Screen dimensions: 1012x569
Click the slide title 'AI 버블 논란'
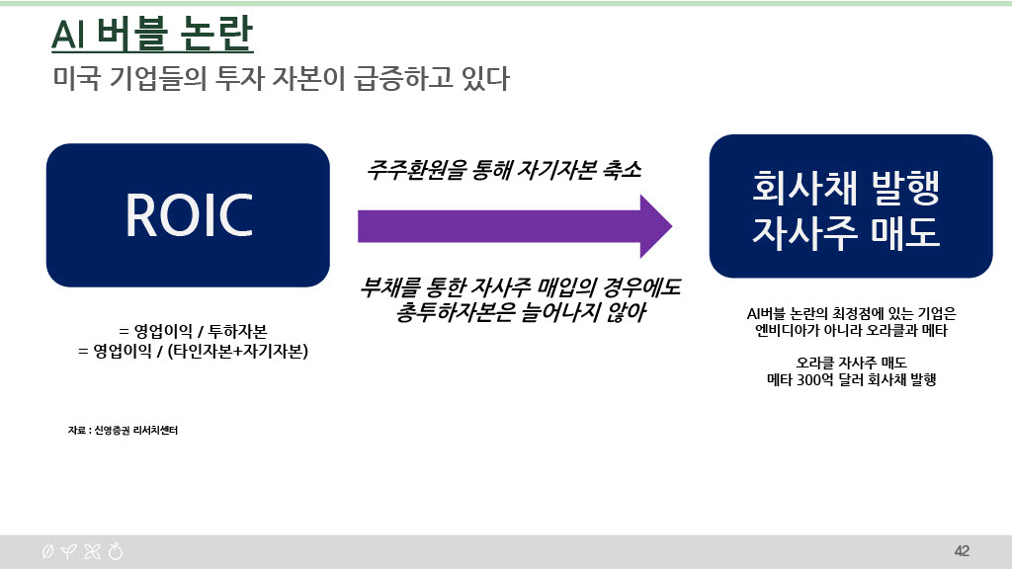[152, 35]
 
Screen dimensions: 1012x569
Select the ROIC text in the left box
[189, 214]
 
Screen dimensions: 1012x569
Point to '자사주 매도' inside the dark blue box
[846, 231]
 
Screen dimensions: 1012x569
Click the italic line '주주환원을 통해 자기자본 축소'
[504, 170]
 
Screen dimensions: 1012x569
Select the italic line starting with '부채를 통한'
[520, 287]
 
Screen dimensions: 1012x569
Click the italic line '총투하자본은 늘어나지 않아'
[520, 312]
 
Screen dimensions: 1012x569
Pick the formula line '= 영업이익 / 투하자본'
[193, 331]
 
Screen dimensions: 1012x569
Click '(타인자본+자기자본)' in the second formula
[237, 351]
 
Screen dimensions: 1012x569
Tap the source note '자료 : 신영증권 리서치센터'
[123, 431]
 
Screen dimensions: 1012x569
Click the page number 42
[962, 551]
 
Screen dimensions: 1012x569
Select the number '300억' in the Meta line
[815, 380]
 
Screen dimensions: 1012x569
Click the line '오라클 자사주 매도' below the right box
[851, 363]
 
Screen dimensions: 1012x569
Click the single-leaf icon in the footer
[47, 551]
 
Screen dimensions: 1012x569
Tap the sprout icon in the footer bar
[68, 551]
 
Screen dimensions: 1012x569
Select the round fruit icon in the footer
[116, 551]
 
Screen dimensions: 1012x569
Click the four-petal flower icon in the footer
[92, 551]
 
